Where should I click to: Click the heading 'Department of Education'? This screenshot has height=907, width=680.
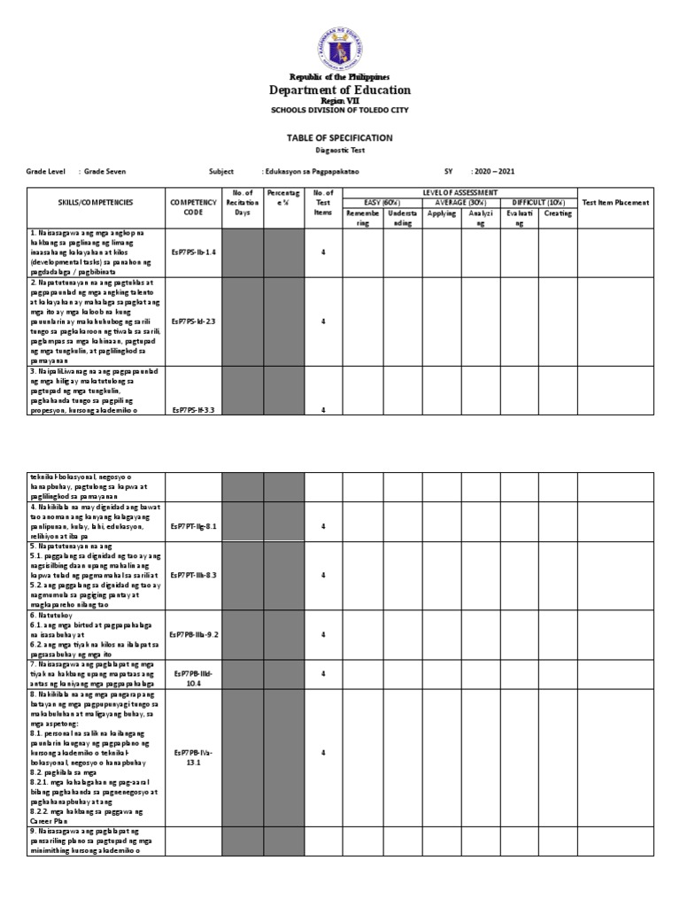(x=340, y=90)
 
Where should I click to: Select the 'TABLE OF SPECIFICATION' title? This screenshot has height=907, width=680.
(x=340, y=138)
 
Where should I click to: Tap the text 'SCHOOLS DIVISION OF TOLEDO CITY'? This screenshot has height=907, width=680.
(x=340, y=111)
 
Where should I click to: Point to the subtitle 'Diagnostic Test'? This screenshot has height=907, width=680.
(x=340, y=151)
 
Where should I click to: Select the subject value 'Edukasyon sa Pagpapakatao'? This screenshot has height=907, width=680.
(x=313, y=173)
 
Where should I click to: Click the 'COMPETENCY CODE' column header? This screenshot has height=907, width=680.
(x=193, y=207)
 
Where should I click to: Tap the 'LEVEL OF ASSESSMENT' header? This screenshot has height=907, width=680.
(x=459, y=192)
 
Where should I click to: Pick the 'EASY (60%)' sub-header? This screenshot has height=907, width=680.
(x=382, y=202)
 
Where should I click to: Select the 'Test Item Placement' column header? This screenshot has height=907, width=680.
(x=615, y=202)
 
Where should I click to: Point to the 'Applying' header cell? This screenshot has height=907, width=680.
(x=442, y=213)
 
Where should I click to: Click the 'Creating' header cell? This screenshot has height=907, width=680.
(x=557, y=213)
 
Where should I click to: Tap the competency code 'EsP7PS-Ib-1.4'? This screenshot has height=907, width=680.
(x=193, y=252)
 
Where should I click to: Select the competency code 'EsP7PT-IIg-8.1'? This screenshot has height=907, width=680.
(x=193, y=527)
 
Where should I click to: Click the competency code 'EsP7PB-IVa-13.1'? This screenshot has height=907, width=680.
(x=193, y=758)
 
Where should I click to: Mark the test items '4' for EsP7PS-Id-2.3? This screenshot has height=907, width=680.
(x=323, y=322)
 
